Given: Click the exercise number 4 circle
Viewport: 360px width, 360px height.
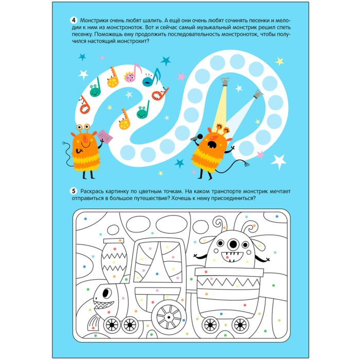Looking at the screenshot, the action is coord(74,20).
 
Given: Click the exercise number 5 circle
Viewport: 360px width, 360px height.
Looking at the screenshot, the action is coord(74,191).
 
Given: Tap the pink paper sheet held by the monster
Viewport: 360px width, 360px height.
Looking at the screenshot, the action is coord(105,137).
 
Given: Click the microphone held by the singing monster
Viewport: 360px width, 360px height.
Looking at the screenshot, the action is coord(196,137).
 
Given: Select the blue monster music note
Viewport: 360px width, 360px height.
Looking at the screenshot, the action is coord(151,78).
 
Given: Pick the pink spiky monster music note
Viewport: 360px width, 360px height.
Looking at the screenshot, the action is coord(133,73).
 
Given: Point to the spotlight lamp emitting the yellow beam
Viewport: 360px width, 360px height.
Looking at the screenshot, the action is coord(225,81).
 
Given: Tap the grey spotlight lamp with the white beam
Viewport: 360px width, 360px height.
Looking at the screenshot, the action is coord(258,94).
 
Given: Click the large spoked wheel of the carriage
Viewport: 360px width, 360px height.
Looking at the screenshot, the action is coord(169,317).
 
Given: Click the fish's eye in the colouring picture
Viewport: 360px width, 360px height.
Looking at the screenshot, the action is coord(106,293).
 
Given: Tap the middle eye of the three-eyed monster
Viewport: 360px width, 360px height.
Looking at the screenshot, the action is coord(233,244).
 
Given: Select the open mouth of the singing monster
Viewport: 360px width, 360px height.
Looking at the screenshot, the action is coord(211,143).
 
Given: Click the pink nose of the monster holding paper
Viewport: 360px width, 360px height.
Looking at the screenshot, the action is coord(86,138).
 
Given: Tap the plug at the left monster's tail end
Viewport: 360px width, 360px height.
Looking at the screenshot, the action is coord(64,143).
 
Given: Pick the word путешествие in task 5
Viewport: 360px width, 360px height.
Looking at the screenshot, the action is coord(147,198).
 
